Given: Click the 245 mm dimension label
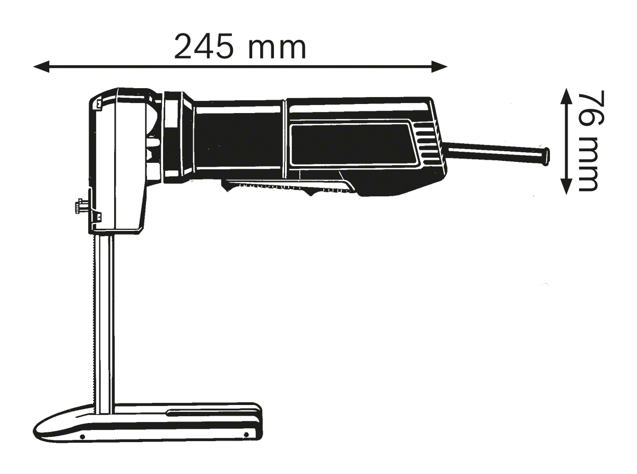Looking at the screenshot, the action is coord(240,47).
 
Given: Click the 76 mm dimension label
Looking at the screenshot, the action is coord(588,141).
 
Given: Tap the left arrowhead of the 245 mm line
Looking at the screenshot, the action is coord(41,67).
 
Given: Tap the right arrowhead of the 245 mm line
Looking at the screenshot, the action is coord(440,67).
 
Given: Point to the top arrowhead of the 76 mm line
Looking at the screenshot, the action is coord(566,96).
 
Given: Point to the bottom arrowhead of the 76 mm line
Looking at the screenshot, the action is coord(566,187).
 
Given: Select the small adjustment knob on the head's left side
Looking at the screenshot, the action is coord(79,206).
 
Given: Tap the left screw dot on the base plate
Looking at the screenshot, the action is coord(82,437).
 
